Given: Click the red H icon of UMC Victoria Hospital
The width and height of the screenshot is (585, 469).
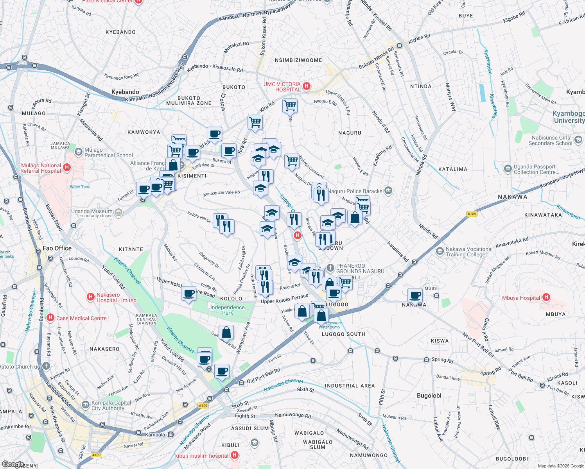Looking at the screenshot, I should click(307, 86).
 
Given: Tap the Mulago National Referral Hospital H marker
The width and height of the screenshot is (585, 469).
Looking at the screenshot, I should click(67, 168).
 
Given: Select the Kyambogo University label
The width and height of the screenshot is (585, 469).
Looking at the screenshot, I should click(569, 117).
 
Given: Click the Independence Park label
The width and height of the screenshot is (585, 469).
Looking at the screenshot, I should click(227, 310).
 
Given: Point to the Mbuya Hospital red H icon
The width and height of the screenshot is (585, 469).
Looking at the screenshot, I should click(546, 297).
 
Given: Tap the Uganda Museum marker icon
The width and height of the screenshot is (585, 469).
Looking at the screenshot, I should click(118, 213).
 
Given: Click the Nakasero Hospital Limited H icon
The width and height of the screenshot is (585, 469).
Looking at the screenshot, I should click(91, 297).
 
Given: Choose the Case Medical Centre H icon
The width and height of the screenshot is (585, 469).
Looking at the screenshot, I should click(50, 318).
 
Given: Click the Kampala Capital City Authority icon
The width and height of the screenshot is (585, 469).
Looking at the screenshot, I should click(85, 405).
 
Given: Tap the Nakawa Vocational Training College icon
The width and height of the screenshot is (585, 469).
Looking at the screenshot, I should click(440, 251).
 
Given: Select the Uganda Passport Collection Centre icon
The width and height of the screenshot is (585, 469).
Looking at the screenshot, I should click(508, 169).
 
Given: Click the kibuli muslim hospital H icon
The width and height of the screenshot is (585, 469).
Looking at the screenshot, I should click(235, 455).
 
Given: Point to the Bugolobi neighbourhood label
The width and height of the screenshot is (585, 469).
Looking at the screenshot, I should click(429, 396).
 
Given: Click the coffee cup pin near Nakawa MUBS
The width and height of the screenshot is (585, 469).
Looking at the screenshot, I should click(415, 295).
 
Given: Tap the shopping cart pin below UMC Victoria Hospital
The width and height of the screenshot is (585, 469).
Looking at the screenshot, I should click(290, 105).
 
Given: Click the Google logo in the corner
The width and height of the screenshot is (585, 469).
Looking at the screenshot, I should click(13, 464).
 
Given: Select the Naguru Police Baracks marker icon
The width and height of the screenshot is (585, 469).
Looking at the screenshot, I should click(388, 191).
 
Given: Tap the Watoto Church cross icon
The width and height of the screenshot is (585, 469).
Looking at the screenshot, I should click(46, 366).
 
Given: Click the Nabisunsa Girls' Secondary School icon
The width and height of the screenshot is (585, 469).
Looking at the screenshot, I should click(578, 140).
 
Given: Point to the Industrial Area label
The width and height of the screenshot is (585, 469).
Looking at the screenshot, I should click(350, 386).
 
